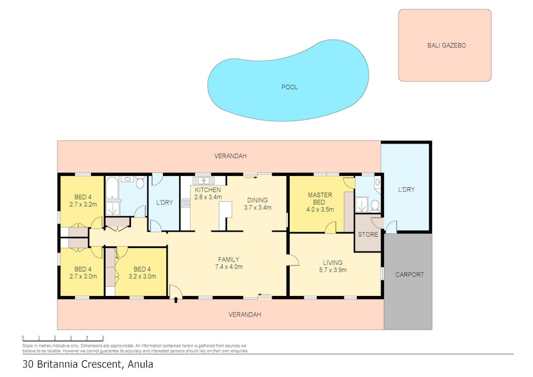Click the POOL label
pyautogui.click(x=289, y=87)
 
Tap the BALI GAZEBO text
pyautogui.click(x=446, y=45)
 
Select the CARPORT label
pyautogui.click(x=409, y=275)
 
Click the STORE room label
pyautogui.click(x=368, y=235)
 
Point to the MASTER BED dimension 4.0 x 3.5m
pyautogui.click(x=320, y=209)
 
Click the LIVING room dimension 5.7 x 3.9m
pyautogui.click(x=333, y=270)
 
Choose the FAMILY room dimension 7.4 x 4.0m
pyautogui.click(x=229, y=267)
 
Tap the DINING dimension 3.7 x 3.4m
pyautogui.click(x=258, y=208)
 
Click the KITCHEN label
pyautogui.click(x=208, y=190)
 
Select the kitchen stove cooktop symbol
pyautogui.click(x=186, y=203)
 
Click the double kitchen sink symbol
pyautogui.click(x=204, y=180)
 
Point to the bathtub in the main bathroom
pyautogui.click(x=112, y=188)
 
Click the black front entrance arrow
pyautogui.click(x=176, y=300)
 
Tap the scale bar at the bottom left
pyautogui.click(x=63, y=338)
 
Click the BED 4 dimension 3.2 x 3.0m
pyautogui.click(x=142, y=276)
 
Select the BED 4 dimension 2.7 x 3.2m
pyautogui.click(x=83, y=204)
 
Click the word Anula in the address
pyautogui.click(x=140, y=364)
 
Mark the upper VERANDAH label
pyautogui.click(x=231, y=156)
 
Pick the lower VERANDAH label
pyautogui.click(x=245, y=315)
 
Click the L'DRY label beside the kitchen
pyautogui.click(x=165, y=202)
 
